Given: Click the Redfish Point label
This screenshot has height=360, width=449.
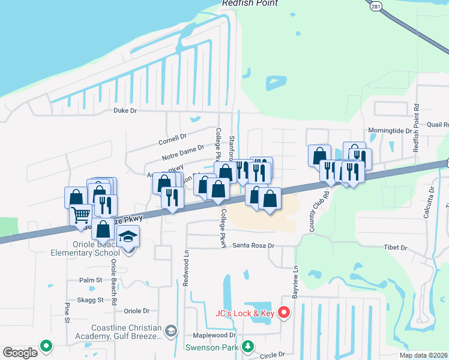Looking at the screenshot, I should pyautogui.click(x=250, y=3).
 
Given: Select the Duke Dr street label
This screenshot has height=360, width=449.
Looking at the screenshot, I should pyautogui.click(x=125, y=110).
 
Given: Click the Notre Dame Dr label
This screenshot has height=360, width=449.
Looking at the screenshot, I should pyautogui.click(x=183, y=152).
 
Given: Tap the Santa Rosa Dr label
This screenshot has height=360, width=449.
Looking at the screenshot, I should pyautogui.click(x=253, y=245).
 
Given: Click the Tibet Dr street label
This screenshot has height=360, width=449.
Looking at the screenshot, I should pyautogui.click(x=395, y=248).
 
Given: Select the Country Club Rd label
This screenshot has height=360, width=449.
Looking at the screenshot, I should pyautogui.click(x=317, y=212).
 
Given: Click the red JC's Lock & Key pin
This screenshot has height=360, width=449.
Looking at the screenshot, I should pyautogui.click(x=285, y=313).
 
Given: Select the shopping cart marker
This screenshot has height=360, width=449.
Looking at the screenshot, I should pyautogui.click(x=80, y=214).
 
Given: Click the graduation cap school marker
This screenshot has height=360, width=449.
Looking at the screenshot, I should pyautogui.click(x=128, y=237).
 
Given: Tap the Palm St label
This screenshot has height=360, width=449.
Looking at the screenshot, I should pyautogui.click(x=91, y=280).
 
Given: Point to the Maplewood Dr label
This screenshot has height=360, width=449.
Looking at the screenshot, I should pyautogui.click(x=214, y=335).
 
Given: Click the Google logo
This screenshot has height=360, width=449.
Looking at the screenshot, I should pyautogui.click(x=21, y=352).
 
